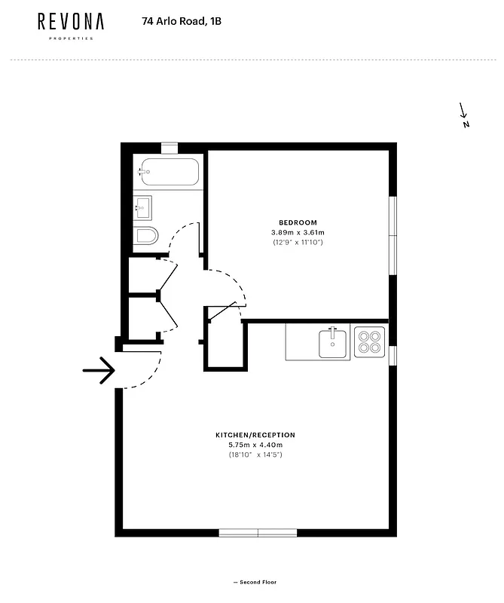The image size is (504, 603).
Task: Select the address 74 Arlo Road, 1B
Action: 182,22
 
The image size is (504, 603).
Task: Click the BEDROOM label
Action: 298,222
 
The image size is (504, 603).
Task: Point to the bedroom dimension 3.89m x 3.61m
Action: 298,232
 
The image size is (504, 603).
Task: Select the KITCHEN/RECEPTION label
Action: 255,435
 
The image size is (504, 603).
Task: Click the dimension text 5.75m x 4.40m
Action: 255,445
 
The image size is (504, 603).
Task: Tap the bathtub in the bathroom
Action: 170,173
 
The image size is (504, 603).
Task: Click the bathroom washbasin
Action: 142,206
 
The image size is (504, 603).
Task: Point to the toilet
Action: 146,237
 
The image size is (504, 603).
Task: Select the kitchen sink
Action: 332,342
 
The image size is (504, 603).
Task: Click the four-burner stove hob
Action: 369,342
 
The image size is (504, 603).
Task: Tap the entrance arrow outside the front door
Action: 99,370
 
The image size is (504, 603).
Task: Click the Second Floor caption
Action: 255,582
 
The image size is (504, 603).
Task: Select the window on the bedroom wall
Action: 392,236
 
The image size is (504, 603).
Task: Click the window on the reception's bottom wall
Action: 258,532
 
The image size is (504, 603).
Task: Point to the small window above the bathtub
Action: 170,147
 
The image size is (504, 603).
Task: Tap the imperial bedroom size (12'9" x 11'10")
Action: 298,242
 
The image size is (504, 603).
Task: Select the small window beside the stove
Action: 392,355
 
